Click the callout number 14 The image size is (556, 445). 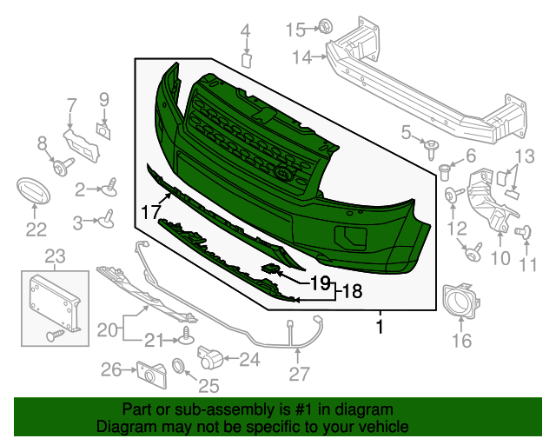pos(301,57)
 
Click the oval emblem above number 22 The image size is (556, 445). pos(35,193)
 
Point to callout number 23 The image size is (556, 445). pos(55,256)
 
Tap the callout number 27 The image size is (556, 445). pos(299,375)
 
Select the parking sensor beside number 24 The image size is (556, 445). pos(209,355)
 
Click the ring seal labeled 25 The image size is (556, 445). pos(180,365)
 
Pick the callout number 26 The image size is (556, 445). pos(110,370)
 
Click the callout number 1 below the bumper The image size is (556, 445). pos(379,327)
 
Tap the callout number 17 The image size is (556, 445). pos(151,210)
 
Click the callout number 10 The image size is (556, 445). pos(500,258)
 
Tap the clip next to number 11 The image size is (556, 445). pos(524,231)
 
